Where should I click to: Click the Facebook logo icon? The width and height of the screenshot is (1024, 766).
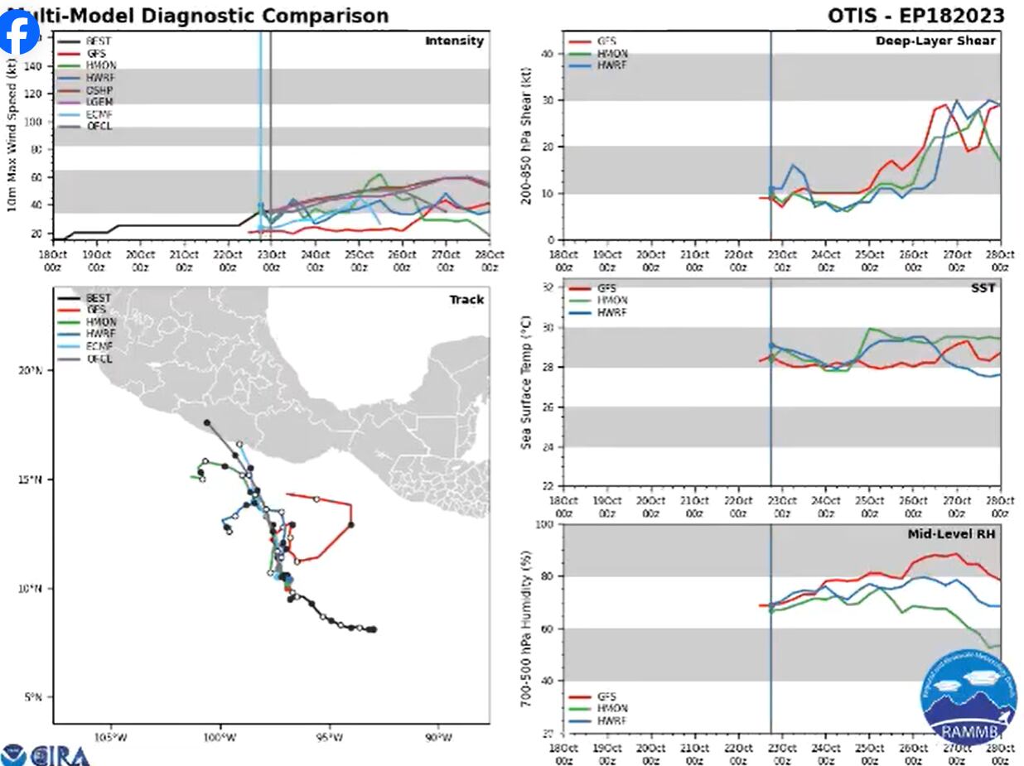pos(18,31)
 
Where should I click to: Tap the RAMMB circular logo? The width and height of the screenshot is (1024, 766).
pos(968,697)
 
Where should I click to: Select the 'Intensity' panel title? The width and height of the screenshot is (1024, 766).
pos(454,41)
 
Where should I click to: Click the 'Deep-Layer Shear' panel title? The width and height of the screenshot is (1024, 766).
pos(935,41)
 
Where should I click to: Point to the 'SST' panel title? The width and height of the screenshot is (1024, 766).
pos(984,287)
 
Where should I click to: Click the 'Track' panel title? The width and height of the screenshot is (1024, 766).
pos(466,300)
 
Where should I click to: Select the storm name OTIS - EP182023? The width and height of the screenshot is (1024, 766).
pos(915,16)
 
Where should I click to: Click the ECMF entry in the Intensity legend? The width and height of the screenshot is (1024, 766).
pos(98,114)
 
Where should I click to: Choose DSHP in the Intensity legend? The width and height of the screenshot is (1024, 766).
pos(98,89)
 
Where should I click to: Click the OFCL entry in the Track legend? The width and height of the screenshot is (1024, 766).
pos(98,359)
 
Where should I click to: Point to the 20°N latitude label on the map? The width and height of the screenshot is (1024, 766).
pos(31,370)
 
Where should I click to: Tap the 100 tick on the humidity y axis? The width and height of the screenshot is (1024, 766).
pos(545,525)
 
